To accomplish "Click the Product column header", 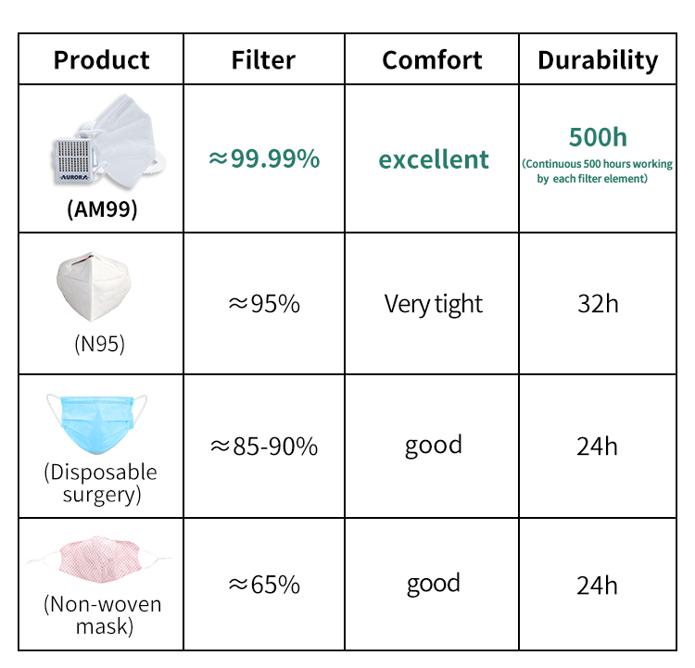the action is click(102, 60).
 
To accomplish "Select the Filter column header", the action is click(263, 60).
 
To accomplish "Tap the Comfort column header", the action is click(432, 60).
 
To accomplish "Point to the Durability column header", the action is click(598, 61).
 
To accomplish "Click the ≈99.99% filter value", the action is click(264, 158).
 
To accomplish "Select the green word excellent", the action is click(434, 159).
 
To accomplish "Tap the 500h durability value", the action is click(598, 137).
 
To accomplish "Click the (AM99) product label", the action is click(102, 208).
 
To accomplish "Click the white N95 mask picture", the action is click(94, 286).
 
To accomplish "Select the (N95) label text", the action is click(100, 344).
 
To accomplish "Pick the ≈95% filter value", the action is click(264, 304).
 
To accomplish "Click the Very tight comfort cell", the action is click(433, 305).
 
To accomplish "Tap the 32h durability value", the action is click(598, 304).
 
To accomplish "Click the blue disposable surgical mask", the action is click(96, 424).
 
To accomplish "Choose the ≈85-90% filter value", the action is click(264, 446).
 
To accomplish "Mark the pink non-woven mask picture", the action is click(98, 560).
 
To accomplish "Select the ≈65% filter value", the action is click(264, 585).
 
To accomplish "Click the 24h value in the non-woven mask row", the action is click(597, 586).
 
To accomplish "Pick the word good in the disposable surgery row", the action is click(433, 446).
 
